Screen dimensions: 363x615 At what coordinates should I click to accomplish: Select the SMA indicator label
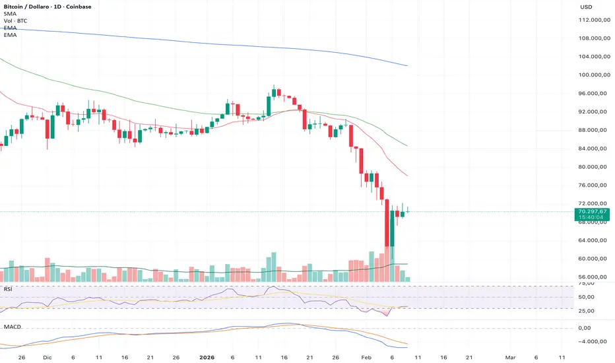tap(9, 14)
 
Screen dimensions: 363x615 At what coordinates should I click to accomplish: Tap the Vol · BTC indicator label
tap(15, 21)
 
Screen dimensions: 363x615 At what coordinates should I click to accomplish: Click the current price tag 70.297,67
tap(591, 211)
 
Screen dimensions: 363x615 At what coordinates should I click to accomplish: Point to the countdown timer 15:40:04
tap(591, 217)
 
